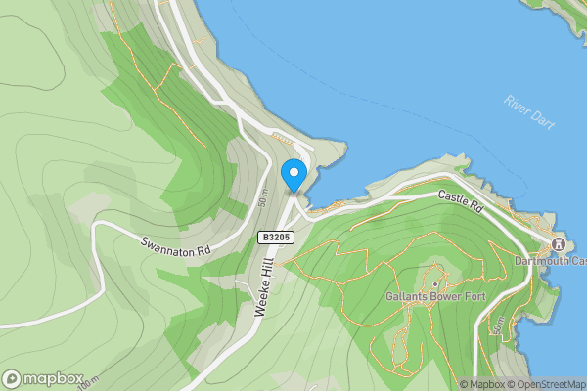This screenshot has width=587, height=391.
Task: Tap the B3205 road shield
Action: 274,238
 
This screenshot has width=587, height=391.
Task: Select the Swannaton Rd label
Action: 176,249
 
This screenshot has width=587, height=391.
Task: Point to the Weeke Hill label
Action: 263,284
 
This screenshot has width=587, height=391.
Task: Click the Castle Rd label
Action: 461,202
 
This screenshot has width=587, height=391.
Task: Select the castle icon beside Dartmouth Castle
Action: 559,244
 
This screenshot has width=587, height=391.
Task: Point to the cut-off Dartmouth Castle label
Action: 552,262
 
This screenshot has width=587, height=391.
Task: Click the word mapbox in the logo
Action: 53,378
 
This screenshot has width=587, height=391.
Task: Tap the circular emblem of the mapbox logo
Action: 12,378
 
